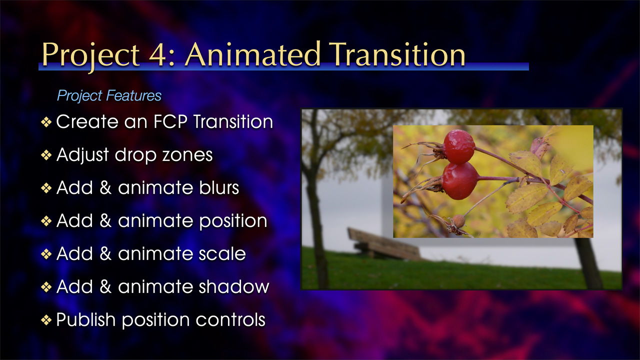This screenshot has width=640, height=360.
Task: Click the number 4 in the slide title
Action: (157, 54)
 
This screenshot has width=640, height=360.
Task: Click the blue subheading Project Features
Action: (109, 95)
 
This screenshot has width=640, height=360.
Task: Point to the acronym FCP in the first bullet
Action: (170, 121)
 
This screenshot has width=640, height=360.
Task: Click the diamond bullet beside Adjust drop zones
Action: (46, 155)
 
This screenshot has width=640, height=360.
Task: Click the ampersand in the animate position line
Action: (105, 221)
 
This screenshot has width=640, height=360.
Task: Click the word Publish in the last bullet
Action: (85, 319)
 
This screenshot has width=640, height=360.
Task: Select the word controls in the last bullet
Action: (230, 319)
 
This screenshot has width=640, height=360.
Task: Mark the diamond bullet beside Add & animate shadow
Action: (46, 287)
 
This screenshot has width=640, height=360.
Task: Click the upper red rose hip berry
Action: (459, 146)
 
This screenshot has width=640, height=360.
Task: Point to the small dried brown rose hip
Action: (458, 221)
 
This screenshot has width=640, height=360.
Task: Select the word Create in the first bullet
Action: (87, 121)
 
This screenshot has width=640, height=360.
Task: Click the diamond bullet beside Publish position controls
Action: (46, 320)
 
